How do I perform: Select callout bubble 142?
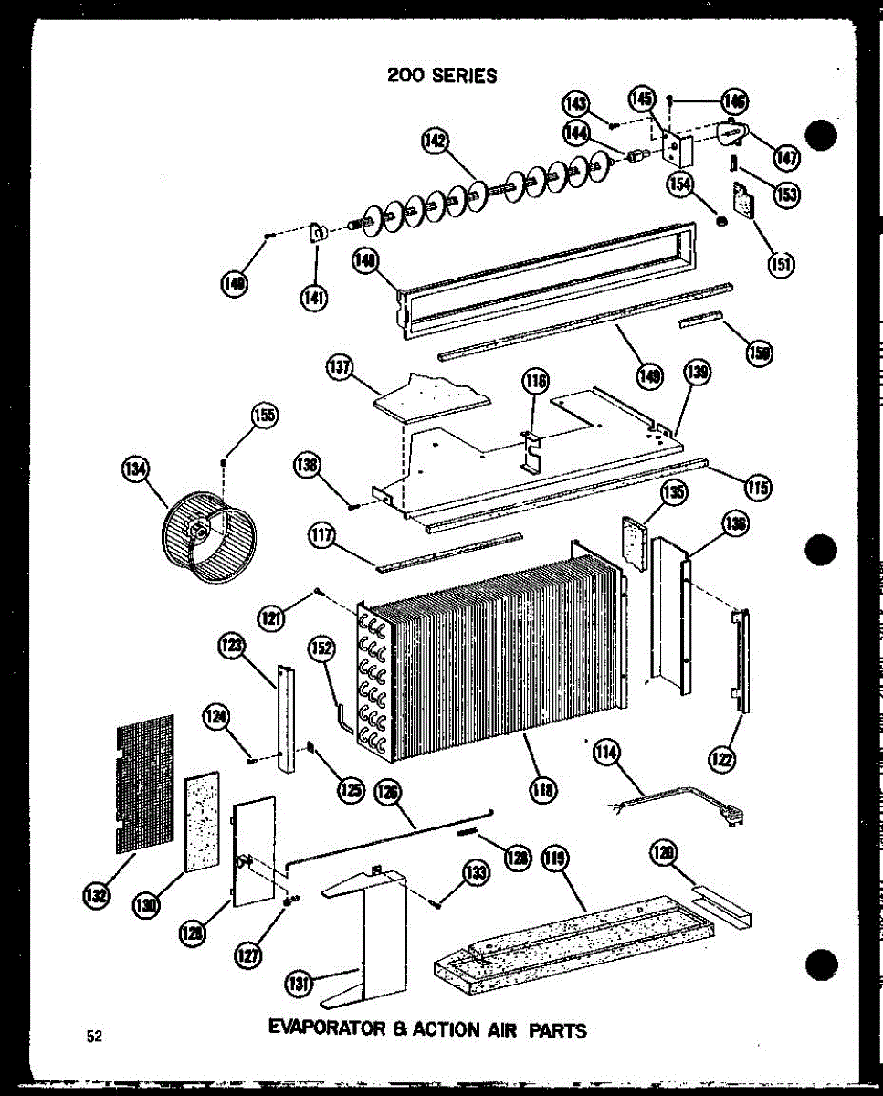point(436,142)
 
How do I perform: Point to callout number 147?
point(785,157)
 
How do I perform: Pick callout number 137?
point(340,367)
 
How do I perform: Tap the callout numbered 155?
point(265,416)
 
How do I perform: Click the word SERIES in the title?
point(465,76)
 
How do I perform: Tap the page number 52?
point(94,1035)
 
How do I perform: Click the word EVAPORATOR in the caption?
point(328,1029)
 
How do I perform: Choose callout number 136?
point(735,524)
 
